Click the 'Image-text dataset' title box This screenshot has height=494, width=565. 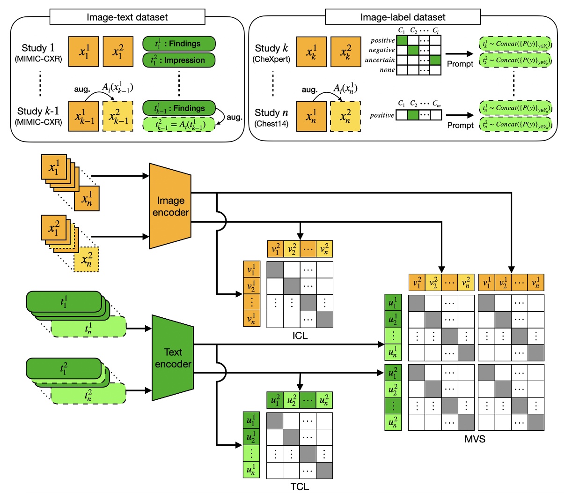(127, 17)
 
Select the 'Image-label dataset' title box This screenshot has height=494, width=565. (403, 17)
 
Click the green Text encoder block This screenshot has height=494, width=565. (173, 358)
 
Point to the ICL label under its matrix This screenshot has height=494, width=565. (300, 336)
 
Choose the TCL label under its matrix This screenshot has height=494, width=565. (300, 487)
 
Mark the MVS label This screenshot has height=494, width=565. (475, 439)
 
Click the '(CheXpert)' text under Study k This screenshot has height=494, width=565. (271, 60)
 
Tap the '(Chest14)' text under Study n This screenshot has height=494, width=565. (271, 124)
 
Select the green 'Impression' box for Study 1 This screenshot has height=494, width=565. (179, 60)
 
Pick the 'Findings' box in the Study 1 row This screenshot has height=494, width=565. (179, 44)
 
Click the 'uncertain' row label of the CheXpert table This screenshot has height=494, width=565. (380, 60)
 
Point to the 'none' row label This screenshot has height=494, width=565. (387, 70)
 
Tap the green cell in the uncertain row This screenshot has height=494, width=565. (436, 60)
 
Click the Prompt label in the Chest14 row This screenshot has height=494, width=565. (460, 125)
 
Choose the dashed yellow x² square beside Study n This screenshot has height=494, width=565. (345, 117)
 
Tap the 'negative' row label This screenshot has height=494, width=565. (382, 50)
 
